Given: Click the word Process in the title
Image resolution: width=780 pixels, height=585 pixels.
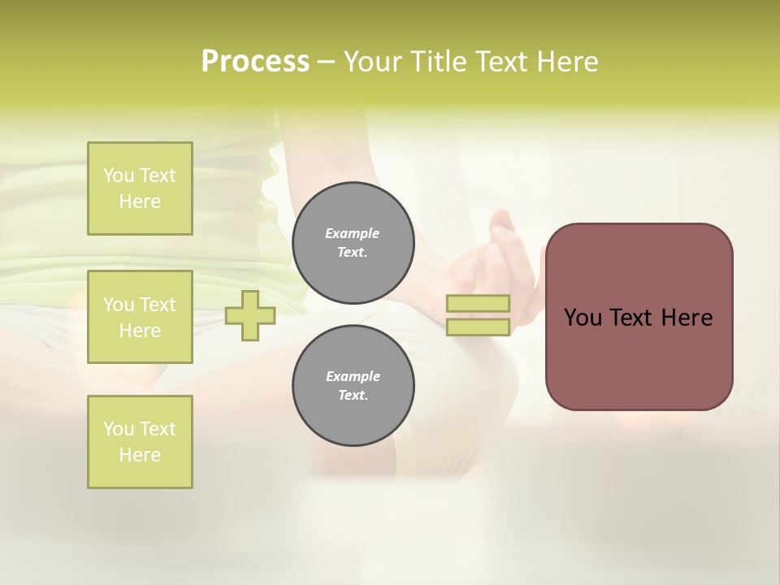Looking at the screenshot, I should coord(255,62).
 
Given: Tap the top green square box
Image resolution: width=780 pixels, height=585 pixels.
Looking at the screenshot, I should coord(140,188).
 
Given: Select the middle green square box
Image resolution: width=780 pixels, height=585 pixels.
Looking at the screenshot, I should coord(140,317).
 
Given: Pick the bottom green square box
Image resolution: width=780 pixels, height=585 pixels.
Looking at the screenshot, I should coord(140,442).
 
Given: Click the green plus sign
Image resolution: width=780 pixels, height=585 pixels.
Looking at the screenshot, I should coord(250,316).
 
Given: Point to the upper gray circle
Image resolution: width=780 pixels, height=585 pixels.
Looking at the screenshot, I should coord(353,243).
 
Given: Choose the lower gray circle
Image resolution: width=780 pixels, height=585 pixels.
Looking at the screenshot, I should coord(353,386).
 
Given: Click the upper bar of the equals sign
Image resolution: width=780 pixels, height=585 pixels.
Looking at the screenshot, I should coord(478,304).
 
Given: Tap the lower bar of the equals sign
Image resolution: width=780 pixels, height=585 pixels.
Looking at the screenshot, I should coord(478,327).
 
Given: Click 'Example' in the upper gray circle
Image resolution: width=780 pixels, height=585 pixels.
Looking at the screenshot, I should coord(353,233).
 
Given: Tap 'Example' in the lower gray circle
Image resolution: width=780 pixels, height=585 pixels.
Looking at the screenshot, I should coord(353,376).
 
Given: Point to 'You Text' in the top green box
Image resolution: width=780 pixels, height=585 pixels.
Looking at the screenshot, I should coord(140,175).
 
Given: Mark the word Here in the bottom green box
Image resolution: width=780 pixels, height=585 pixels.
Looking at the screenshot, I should coord(140,455).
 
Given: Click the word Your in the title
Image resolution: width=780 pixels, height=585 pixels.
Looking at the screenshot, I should coord(374,62).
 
